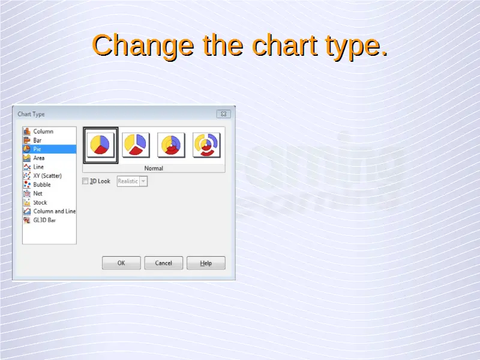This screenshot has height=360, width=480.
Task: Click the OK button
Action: (x=121, y=263)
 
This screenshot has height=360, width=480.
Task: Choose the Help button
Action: (x=206, y=263)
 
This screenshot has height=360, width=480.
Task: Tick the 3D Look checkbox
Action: (x=85, y=181)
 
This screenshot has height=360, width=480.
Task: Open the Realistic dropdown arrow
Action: (x=143, y=181)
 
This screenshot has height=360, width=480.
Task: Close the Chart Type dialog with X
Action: (x=223, y=114)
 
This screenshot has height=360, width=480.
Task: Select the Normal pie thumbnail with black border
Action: (x=100, y=145)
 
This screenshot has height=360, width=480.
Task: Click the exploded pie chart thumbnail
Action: (x=136, y=145)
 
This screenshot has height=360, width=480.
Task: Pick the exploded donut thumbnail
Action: (x=206, y=145)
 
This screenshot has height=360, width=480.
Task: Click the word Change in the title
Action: (x=143, y=46)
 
